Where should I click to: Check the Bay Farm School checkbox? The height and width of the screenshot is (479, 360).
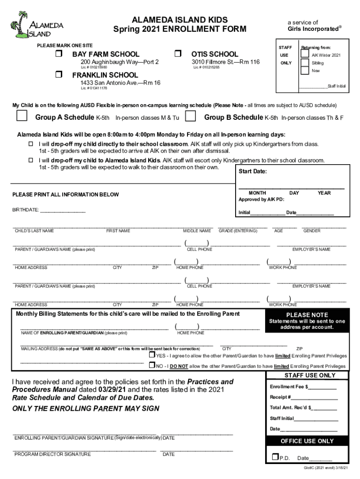(59, 54)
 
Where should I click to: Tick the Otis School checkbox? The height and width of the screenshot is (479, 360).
(178, 54)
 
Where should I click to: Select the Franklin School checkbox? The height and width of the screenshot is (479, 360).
(59, 75)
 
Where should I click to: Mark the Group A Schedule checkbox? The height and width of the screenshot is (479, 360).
(22, 116)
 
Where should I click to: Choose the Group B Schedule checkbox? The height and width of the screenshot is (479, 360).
(190, 116)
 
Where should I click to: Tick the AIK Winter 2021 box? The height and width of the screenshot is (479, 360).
(305, 54)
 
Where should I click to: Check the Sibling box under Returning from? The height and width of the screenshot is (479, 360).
(305, 63)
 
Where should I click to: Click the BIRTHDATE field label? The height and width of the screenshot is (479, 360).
(26, 210)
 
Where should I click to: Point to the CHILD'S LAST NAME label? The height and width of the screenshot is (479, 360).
(34, 231)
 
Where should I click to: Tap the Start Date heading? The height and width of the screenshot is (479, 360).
(252, 172)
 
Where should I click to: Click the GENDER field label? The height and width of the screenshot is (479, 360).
(312, 231)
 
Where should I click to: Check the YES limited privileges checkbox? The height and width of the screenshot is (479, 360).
(152, 356)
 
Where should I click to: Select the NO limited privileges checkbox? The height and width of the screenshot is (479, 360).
(152, 365)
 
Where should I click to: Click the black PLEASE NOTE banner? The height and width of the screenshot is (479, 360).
(307, 315)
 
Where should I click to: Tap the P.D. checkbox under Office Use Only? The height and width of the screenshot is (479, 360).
(275, 457)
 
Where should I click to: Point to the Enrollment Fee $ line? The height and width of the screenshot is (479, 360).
(303, 387)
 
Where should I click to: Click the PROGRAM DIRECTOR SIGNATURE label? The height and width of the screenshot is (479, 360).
(53, 454)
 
